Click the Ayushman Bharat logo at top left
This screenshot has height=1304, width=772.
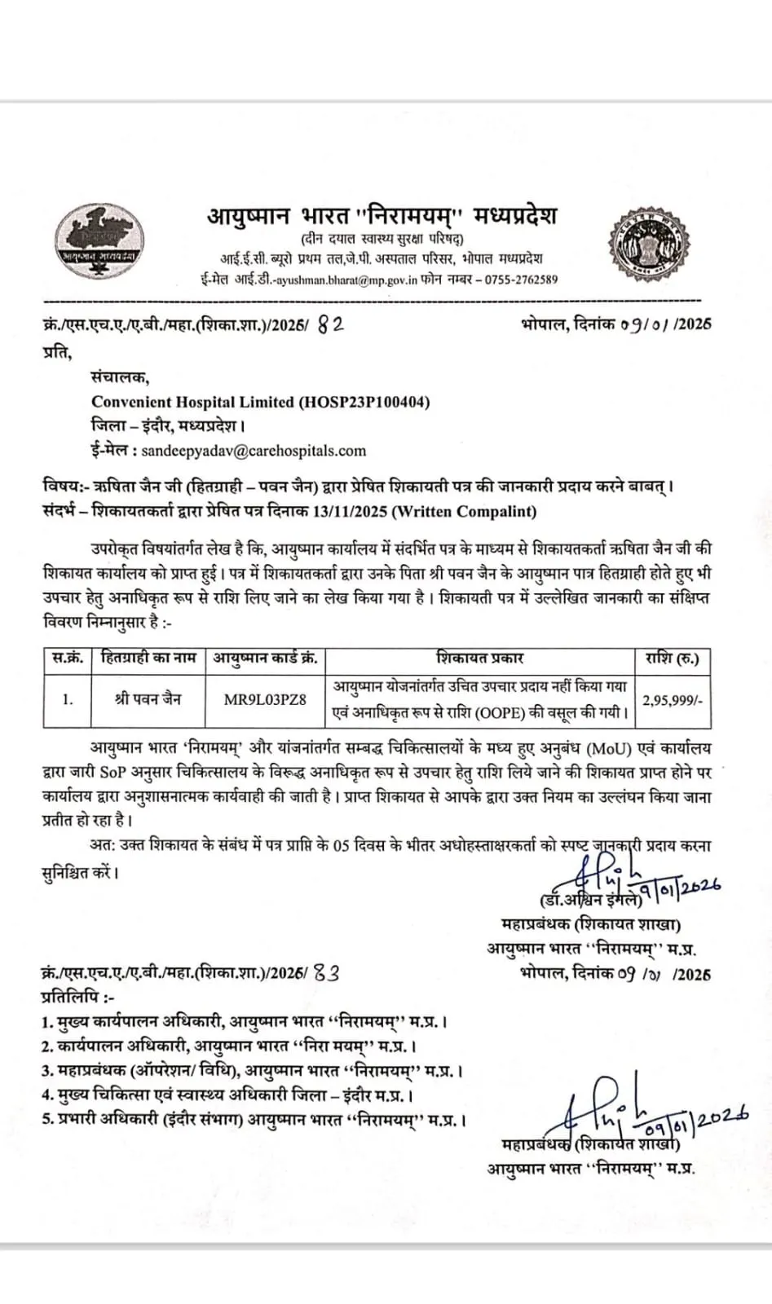[99, 237]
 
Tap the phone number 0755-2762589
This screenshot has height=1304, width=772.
[522, 280]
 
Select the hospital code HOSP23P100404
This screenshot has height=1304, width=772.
[364, 402]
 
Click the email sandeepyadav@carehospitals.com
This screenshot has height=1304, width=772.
[254, 451]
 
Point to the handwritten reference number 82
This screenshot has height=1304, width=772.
[329, 324]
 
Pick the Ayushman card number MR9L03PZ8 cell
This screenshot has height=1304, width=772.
[265, 699]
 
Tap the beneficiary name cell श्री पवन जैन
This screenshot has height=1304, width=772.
[148, 699]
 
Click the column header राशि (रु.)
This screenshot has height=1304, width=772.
[672, 658]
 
